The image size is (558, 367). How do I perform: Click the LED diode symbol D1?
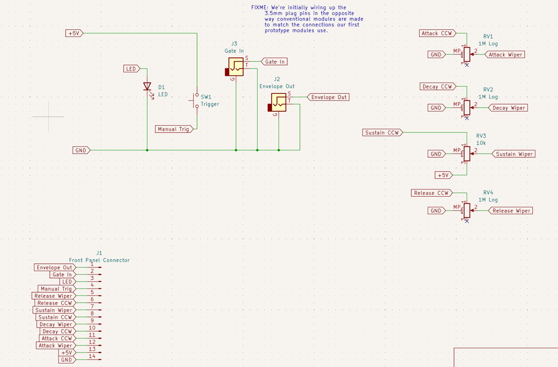tap(147, 87)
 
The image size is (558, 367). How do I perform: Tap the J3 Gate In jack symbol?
tap(235, 67)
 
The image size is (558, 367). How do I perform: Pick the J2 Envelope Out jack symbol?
tap(277, 102)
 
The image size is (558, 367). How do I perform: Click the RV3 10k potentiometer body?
tap(467, 154)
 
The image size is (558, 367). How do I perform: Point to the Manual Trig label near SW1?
tap(174, 129)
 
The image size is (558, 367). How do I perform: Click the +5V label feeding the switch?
tap(74, 33)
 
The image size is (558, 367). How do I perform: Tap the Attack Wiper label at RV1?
tap(505, 55)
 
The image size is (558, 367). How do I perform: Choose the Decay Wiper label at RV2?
tap(508, 108)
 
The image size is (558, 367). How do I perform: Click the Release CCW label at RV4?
tap(432, 193)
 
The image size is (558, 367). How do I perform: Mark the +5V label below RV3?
tap(444, 175)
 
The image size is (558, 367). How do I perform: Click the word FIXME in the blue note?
tap(260, 8)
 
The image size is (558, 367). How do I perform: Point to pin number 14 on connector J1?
tap(92, 356)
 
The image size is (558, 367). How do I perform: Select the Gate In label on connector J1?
tap(63, 275)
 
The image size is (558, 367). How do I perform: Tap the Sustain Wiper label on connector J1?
tap(54, 310)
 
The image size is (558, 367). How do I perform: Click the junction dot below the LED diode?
tap(147, 150)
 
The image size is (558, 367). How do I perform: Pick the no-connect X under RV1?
tap(467, 65)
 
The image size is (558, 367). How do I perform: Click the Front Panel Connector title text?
tap(99, 260)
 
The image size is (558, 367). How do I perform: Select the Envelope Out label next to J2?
tap(328, 97)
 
